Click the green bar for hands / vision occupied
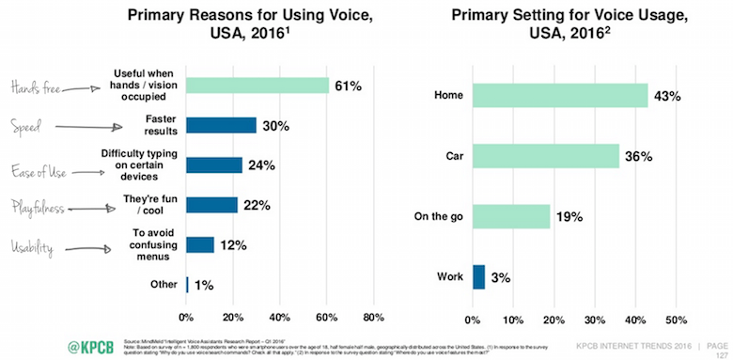click(257, 86)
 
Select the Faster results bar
click(221, 125)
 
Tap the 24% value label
click(262, 164)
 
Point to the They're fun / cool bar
click(211, 205)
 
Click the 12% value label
click(234, 244)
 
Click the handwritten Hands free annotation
click(36, 86)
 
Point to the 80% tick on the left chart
click(372, 315)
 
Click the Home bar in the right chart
click(559, 95)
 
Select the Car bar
click(545, 155)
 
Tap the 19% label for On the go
click(569, 216)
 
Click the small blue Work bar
click(478, 276)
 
